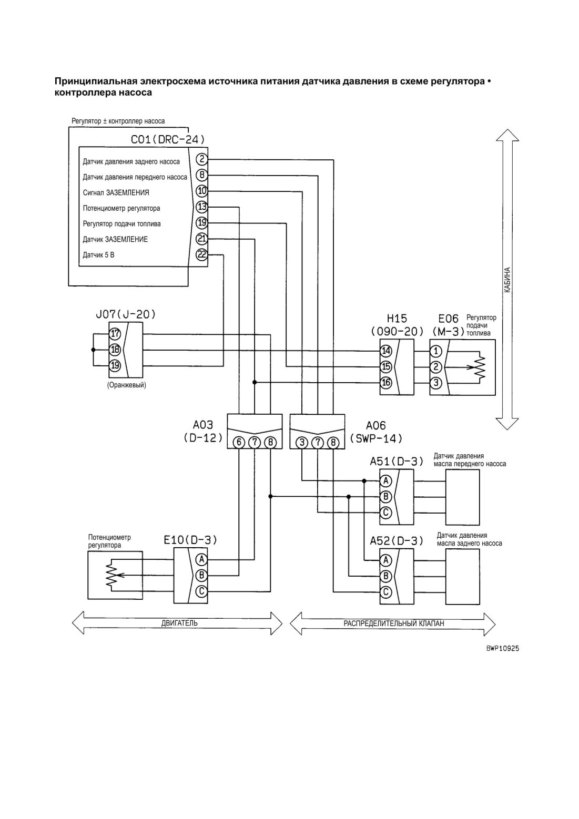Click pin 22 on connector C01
click(201, 254)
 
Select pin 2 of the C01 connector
click(201, 159)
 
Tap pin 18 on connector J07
click(115, 350)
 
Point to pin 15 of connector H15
click(386, 366)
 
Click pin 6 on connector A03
click(239, 443)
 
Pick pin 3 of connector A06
click(302, 443)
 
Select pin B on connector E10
click(201, 576)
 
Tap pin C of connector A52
click(386, 591)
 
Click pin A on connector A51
click(386, 481)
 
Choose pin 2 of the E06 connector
click(435, 366)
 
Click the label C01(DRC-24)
click(168, 139)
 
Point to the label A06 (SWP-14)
click(376, 432)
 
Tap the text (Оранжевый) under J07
click(127, 385)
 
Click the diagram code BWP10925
click(503, 649)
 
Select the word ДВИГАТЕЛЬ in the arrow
click(179, 623)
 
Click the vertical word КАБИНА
click(507, 280)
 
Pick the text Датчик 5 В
click(98, 255)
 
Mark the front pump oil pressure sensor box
click(462, 497)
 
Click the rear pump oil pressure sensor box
click(462, 577)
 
